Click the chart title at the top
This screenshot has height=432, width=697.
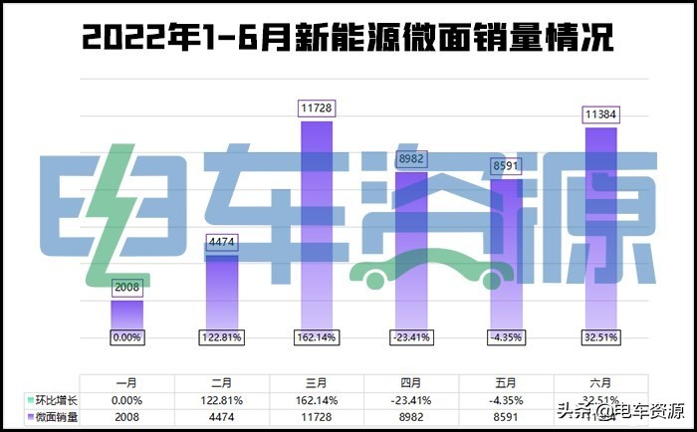(348, 37)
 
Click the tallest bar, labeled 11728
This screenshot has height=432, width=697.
(316, 229)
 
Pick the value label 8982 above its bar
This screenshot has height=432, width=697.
(411, 159)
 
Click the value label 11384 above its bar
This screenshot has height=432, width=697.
(600, 115)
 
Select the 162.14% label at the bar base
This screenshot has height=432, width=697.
(316, 337)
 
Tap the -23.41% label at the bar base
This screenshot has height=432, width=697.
(411, 337)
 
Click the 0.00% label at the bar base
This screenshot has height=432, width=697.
(126, 337)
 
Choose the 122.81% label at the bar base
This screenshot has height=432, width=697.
(221, 337)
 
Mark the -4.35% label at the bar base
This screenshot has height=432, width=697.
(506, 337)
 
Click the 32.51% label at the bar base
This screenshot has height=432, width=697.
(600, 337)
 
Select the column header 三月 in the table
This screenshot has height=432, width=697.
(316, 383)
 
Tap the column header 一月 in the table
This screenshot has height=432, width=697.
(126, 383)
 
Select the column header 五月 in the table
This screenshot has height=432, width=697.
(506, 383)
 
